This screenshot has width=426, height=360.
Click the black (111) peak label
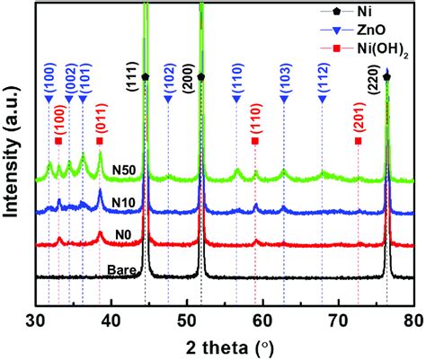[131, 88]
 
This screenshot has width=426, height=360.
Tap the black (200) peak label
[187, 87]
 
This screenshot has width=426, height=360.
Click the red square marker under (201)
[359, 141]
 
